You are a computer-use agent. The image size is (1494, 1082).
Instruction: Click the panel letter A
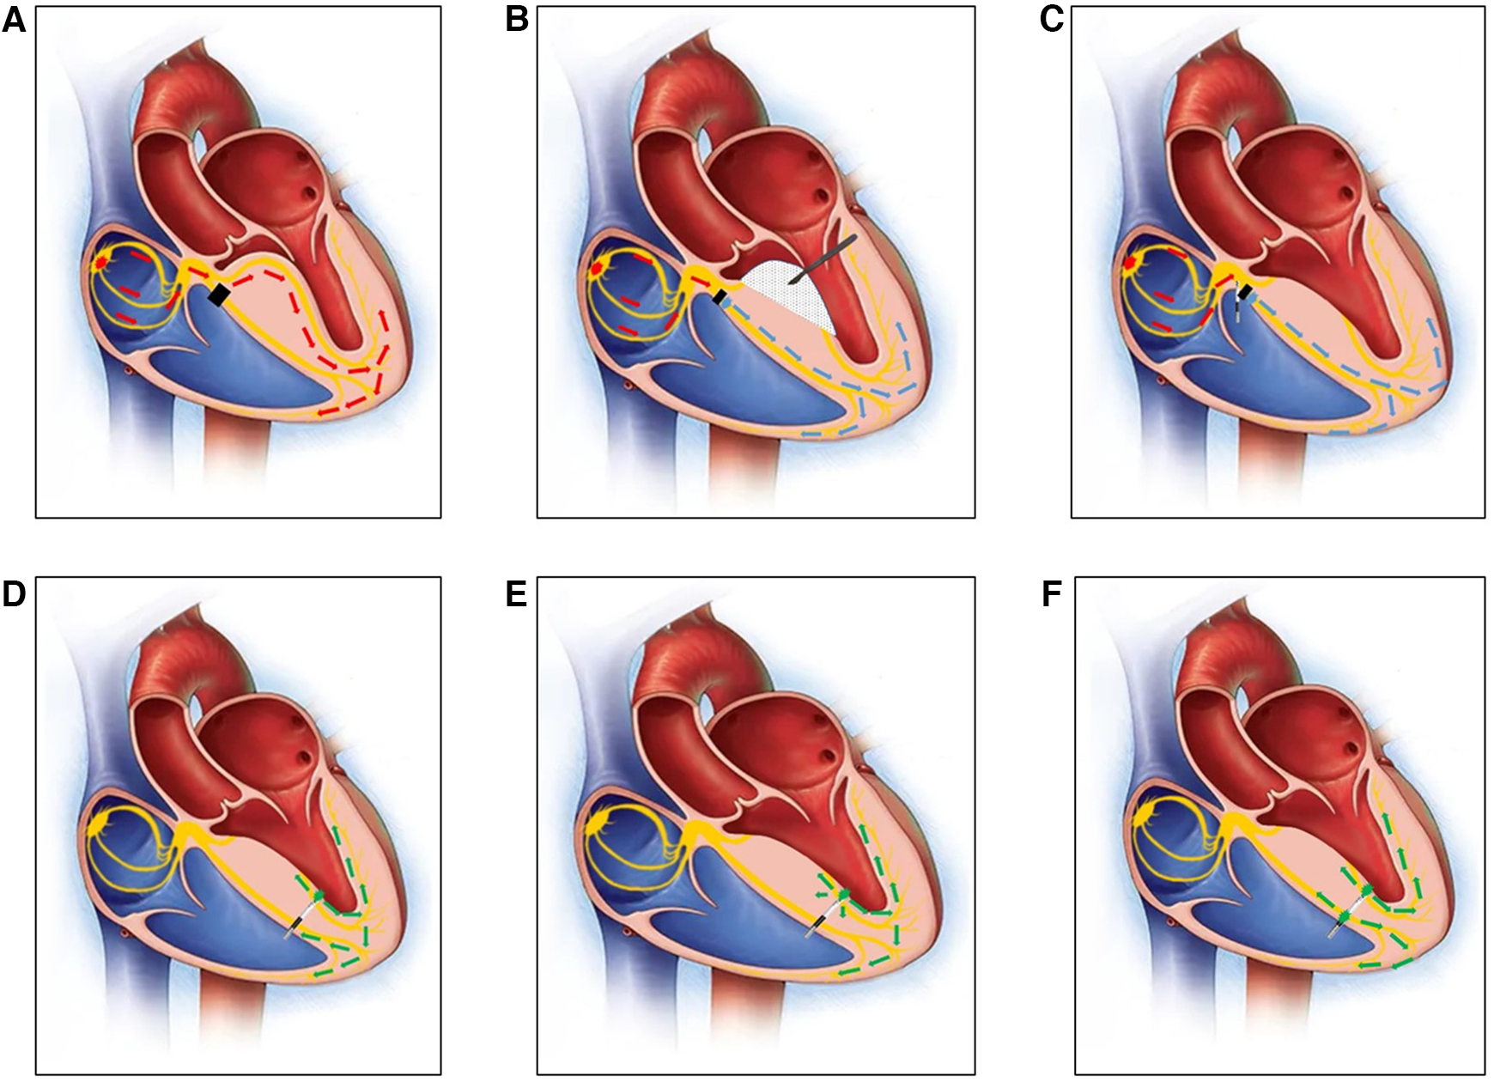(x=14, y=19)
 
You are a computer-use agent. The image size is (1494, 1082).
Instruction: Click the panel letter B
(x=516, y=19)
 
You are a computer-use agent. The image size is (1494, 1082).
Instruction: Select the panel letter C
(x=1051, y=19)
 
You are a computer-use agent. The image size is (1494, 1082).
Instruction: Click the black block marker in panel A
(x=219, y=295)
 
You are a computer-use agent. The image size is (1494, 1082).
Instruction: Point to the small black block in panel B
(x=720, y=297)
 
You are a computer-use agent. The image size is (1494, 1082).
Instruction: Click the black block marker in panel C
(x=1244, y=293)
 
